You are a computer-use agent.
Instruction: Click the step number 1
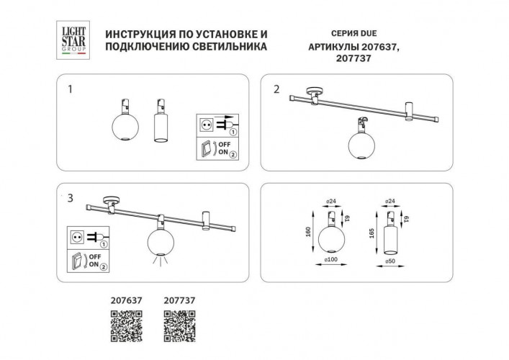click(69, 90)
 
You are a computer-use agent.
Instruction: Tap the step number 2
click(276, 90)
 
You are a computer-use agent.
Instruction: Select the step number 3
click(69, 197)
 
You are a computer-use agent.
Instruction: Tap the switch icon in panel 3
click(77, 260)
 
